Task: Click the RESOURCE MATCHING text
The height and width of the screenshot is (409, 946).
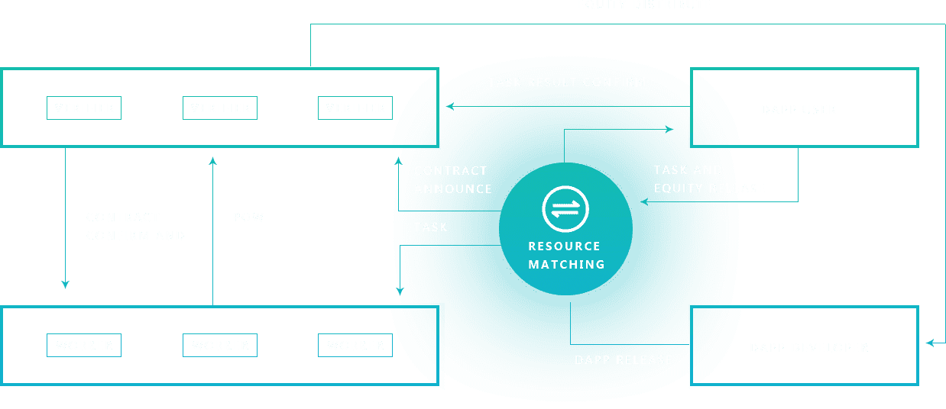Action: (566, 256)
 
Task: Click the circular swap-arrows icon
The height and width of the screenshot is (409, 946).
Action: (565, 209)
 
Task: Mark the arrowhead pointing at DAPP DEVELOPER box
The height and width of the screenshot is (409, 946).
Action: (929, 343)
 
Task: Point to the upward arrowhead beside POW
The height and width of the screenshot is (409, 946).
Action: (212, 160)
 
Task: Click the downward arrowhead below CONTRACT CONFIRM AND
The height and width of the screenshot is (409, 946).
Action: (65, 285)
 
